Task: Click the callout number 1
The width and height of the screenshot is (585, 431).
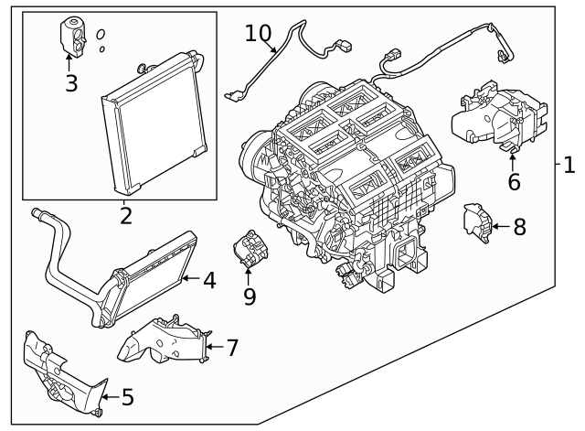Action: (x=569, y=166)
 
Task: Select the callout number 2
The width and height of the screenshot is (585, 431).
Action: (x=125, y=216)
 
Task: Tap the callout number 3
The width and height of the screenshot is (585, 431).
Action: (x=71, y=84)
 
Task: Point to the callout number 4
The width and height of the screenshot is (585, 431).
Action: (x=209, y=280)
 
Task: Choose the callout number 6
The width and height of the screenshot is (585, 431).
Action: (x=514, y=181)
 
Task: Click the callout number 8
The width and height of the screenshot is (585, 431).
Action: (x=519, y=226)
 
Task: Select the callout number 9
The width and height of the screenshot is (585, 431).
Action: (x=250, y=296)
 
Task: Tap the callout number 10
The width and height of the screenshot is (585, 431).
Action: (x=259, y=33)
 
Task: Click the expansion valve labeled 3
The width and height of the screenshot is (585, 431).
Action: (x=71, y=33)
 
